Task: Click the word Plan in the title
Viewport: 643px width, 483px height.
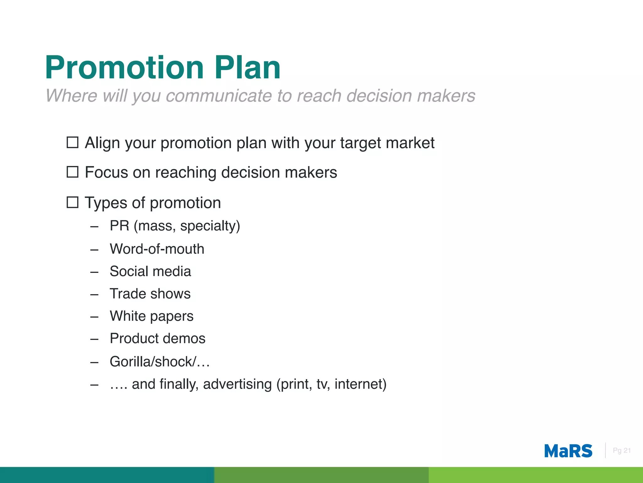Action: [x=247, y=68]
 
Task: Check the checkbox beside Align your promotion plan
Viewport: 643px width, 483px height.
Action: [x=73, y=142]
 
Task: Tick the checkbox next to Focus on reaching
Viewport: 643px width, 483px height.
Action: [x=73, y=172]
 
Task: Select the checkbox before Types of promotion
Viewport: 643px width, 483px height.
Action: [x=73, y=202]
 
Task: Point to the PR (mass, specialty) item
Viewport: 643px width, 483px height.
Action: [x=175, y=226]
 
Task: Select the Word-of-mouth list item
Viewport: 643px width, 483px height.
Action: [x=157, y=249]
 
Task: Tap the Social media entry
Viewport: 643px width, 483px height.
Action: [x=150, y=271]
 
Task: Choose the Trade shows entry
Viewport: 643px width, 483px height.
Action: [x=150, y=294]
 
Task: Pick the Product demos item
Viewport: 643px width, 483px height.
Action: [x=158, y=339]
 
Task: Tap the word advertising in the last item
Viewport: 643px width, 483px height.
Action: [x=237, y=384]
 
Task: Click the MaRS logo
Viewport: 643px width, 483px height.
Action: [x=568, y=451]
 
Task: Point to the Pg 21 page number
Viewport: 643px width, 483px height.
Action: [x=621, y=451]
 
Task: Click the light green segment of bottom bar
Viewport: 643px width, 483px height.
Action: [x=536, y=475]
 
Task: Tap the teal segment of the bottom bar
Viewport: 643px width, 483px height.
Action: [x=107, y=475]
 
